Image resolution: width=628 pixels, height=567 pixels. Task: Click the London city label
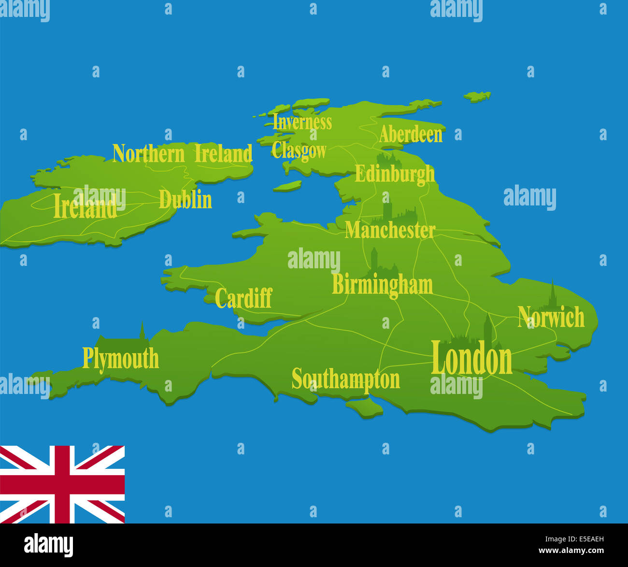click(471, 358)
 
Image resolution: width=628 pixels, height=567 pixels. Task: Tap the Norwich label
click(551, 318)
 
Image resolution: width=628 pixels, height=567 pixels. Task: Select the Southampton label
click(346, 379)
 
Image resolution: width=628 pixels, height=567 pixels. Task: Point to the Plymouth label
click(120, 359)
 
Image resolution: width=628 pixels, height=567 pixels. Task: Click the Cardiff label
click(243, 298)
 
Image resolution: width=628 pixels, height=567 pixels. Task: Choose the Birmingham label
click(382, 285)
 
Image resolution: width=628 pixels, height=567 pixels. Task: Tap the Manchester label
click(390, 231)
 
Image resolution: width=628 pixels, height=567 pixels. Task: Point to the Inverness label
click(302, 122)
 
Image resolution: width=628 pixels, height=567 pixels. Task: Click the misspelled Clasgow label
click(299, 151)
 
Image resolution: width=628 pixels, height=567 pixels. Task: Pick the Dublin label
click(186, 200)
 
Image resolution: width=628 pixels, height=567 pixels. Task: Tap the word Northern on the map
click(148, 154)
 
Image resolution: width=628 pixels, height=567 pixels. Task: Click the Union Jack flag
click(62, 484)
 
